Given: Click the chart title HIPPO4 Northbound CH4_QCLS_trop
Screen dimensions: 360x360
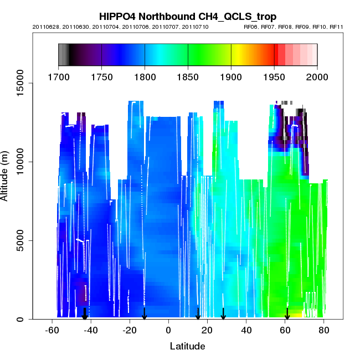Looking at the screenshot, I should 188,17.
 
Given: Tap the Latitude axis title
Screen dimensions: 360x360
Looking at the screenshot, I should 187,347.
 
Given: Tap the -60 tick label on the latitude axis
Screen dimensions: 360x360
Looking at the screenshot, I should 52,330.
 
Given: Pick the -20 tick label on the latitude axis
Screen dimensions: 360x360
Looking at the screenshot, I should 129,330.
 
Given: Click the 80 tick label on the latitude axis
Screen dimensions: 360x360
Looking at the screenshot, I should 324,330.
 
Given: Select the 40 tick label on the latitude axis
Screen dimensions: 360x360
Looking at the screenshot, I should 246,330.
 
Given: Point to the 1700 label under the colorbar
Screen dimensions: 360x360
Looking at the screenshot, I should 58,77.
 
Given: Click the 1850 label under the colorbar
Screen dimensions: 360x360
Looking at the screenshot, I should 188,77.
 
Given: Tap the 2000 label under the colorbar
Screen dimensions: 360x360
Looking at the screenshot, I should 317,77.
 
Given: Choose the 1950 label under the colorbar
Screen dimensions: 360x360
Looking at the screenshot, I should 274,77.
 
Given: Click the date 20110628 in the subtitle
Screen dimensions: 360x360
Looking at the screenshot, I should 44,27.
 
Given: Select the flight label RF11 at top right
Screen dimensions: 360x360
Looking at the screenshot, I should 336,27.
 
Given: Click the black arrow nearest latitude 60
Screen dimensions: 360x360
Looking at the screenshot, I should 287,314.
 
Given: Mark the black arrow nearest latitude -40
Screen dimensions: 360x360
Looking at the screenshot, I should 85,314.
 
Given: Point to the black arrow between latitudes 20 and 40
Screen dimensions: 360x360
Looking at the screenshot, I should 223,314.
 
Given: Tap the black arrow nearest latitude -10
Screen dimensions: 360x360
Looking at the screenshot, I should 144,314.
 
